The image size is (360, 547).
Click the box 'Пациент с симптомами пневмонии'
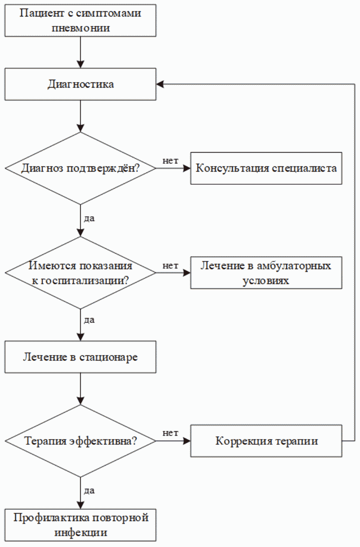(80, 21)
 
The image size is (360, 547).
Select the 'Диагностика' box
(80, 84)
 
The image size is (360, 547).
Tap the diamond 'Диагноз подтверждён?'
(80, 168)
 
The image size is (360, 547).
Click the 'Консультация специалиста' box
(266, 168)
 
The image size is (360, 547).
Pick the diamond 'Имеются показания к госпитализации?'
(80, 273)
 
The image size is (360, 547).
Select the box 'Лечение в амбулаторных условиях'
(266, 273)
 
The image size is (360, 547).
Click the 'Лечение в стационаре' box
(80, 358)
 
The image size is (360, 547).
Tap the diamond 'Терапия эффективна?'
(80, 441)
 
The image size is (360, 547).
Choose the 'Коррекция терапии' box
(266, 441)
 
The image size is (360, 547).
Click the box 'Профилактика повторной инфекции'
(80, 524)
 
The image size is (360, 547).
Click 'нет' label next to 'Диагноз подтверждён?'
(171, 161)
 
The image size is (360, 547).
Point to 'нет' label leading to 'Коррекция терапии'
(171, 433)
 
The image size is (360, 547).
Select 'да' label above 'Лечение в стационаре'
(89, 320)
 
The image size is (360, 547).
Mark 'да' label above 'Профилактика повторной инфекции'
(89, 491)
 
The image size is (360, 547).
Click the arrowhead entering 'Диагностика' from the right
(160, 84)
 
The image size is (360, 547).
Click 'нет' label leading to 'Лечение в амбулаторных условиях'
(171, 265)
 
